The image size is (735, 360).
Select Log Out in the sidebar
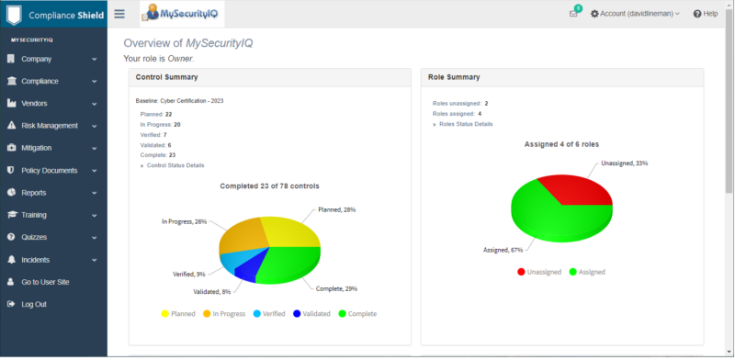pos(34,304)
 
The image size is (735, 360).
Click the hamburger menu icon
pos(119,14)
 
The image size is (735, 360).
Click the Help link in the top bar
pos(705,14)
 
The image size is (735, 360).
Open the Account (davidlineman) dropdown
pos(635,14)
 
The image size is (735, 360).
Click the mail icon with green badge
pos(574,14)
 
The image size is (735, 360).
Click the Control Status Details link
pos(175,165)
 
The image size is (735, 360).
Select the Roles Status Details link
pos(466,124)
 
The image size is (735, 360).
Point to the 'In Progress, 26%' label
pos(184,221)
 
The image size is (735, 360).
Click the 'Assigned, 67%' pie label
pos(503,249)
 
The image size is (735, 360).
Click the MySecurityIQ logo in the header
pos(182,14)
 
